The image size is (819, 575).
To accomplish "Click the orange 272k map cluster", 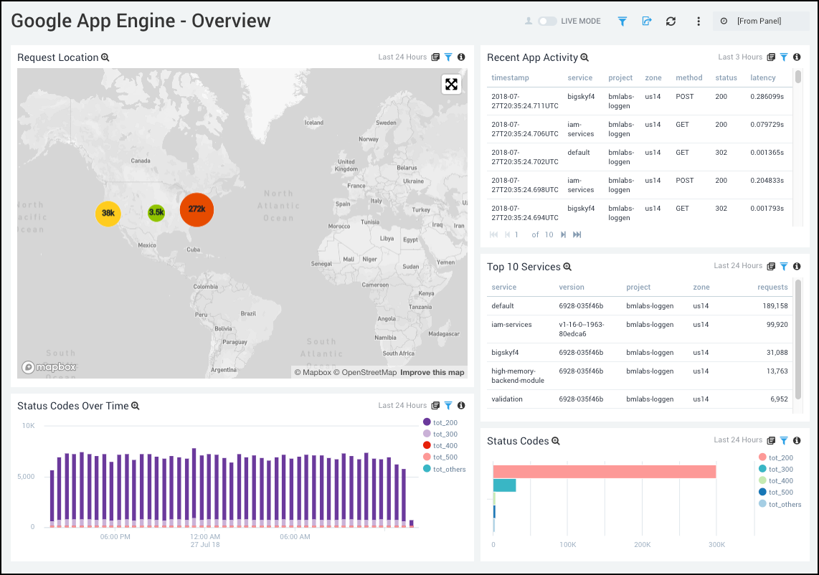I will tap(197, 209).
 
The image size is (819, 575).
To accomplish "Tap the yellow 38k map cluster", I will tap(108, 214).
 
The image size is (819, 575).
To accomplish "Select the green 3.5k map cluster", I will tap(156, 212).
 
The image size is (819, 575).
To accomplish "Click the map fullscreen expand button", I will tap(451, 85).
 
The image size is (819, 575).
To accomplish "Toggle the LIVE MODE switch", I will tap(547, 22).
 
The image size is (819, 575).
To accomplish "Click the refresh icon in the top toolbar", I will tap(671, 22).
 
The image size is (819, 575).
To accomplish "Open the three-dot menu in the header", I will tap(699, 22).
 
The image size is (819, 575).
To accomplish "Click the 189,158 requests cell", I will tap(772, 306).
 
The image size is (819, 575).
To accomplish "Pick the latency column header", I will tap(763, 77).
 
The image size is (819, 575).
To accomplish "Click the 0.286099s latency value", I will tap(767, 96).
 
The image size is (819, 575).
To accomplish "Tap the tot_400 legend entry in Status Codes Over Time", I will tap(445, 446).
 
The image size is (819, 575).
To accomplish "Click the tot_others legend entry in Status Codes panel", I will tap(785, 504).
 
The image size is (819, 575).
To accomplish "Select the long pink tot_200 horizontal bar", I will tap(604, 471).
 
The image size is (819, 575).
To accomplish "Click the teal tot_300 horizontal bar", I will tap(504, 485).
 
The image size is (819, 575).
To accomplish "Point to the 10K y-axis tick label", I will tap(28, 426).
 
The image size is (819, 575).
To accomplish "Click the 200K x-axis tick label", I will tap(642, 545).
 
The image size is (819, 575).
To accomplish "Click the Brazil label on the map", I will tap(248, 313).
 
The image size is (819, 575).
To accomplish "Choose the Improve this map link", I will tap(432, 372).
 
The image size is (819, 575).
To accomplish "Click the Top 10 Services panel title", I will tap(524, 267).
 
